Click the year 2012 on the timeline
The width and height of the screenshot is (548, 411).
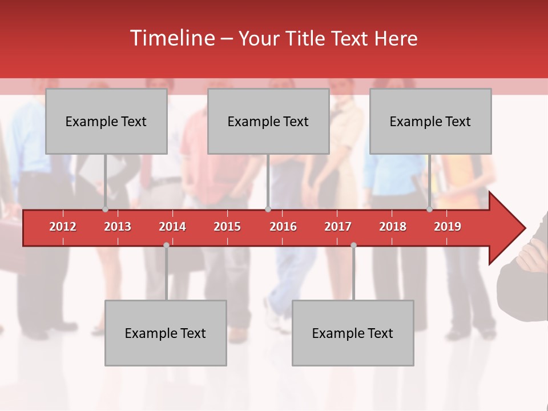(63, 227)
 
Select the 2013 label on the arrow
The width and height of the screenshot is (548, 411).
(118, 227)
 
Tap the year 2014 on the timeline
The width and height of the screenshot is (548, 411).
(172, 227)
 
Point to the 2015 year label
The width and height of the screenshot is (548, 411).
(227, 227)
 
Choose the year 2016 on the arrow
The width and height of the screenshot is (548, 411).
(283, 227)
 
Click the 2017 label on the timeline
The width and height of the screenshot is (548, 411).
(338, 227)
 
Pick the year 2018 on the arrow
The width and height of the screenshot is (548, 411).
(393, 227)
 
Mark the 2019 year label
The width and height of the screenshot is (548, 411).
(448, 227)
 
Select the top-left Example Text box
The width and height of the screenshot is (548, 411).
(106, 121)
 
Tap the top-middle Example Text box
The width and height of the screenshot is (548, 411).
(268, 121)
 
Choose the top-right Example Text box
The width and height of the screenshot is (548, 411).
(430, 121)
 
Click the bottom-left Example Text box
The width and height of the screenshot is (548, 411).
(166, 333)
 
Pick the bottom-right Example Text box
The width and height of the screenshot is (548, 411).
(353, 333)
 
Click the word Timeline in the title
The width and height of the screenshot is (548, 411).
(171, 38)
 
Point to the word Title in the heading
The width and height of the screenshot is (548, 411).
(307, 38)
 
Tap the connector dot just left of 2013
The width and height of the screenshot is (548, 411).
(106, 209)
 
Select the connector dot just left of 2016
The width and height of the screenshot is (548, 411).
(268, 209)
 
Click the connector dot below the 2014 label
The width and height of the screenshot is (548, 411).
(166, 245)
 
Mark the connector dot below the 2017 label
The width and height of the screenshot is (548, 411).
(353, 245)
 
